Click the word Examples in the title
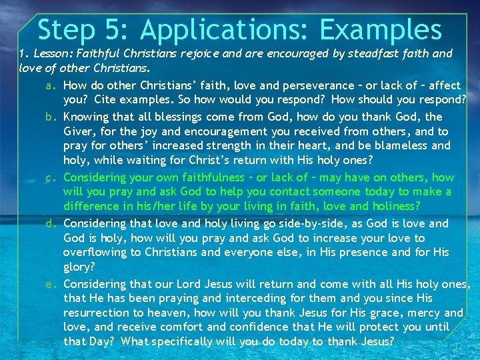point(381,30)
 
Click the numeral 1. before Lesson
point(22,53)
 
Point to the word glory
point(79,267)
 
